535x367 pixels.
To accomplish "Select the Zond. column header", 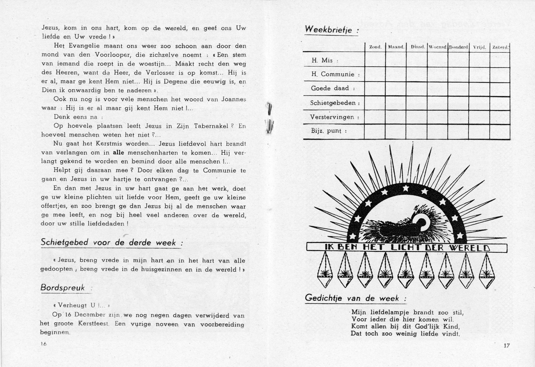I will click(x=375, y=47).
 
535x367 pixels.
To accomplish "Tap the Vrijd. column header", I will click(x=479, y=47).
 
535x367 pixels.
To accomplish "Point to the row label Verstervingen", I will click(x=332, y=117).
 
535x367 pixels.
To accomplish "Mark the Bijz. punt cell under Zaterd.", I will click(x=500, y=132).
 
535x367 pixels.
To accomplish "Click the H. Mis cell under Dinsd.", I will click(x=417, y=60).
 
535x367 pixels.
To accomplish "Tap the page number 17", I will click(x=506, y=345).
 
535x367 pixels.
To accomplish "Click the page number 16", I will click(x=44, y=344).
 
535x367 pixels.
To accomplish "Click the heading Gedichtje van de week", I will click(x=355, y=298).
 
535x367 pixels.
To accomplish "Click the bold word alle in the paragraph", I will click(x=118, y=153).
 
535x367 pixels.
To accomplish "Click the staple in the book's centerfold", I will click(x=270, y=118).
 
